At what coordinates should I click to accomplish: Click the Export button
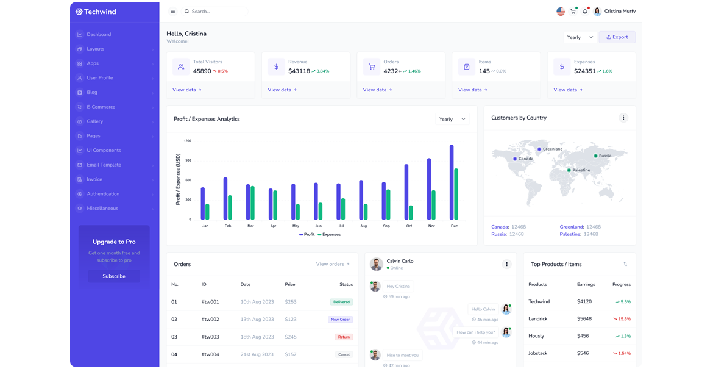(x=617, y=37)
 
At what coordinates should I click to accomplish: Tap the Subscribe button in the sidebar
(x=114, y=276)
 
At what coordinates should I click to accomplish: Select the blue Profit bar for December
(x=452, y=182)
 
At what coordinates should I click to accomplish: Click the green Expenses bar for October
(x=411, y=212)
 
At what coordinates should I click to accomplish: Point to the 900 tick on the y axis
(x=188, y=160)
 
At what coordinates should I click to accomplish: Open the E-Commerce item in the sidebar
(x=101, y=107)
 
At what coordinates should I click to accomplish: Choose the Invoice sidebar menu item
(x=94, y=179)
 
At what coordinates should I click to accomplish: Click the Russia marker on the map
(x=595, y=156)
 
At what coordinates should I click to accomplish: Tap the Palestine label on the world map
(x=581, y=170)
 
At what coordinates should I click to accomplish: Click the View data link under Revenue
(x=282, y=90)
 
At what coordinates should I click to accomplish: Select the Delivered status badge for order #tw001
(x=341, y=302)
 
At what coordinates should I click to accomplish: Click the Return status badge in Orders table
(x=344, y=337)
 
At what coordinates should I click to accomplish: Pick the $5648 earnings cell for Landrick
(x=584, y=319)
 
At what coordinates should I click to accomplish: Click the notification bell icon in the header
(x=585, y=12)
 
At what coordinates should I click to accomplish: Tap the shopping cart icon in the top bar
(x=573, y=12)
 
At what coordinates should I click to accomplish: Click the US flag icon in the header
(x=561, y=12)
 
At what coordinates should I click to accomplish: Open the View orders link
(x=333, y=264)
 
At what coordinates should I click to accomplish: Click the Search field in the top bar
(x=216, y=12)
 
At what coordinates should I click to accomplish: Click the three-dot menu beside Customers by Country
(x=623, y=118)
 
